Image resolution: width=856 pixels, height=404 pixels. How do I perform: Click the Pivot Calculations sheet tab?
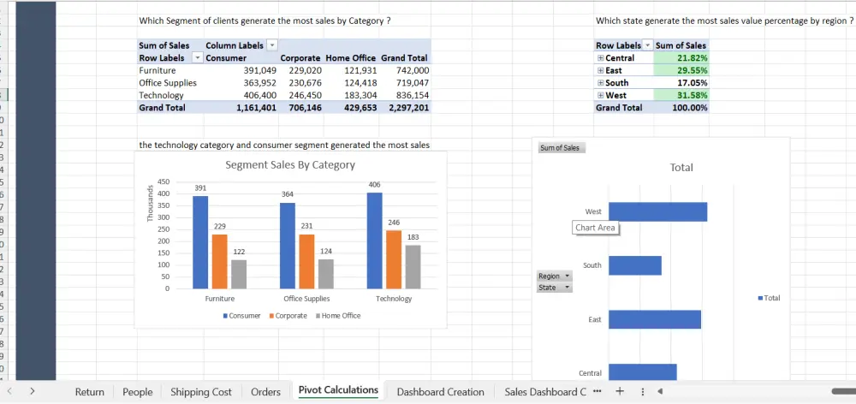pos(338,390)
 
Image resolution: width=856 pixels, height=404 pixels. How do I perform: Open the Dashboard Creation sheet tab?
pos(440,392)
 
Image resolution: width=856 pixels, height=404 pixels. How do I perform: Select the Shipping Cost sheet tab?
pos(200,392)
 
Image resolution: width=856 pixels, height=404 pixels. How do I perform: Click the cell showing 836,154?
pos(412,96)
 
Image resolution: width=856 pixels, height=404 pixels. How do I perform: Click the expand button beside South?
pos(601,83)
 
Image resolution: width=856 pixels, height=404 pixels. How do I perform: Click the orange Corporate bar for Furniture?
pos(222,261)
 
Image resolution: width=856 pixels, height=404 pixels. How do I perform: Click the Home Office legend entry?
pos(338,316)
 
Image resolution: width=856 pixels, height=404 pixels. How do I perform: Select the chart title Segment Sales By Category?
pos(290,164)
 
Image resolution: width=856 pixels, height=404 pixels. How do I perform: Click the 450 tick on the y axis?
pos(163,181)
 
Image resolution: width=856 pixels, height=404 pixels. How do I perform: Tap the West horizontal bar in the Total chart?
pos(657,211)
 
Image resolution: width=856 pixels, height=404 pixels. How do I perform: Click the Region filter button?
pos(554,276)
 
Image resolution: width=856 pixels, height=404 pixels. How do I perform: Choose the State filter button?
pos(554,288)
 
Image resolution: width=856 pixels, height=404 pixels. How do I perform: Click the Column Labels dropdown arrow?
pos(272,45)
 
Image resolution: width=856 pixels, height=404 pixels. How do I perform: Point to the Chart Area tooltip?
pos(595,228)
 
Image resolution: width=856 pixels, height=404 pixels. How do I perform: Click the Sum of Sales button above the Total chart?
pos(561,148)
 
